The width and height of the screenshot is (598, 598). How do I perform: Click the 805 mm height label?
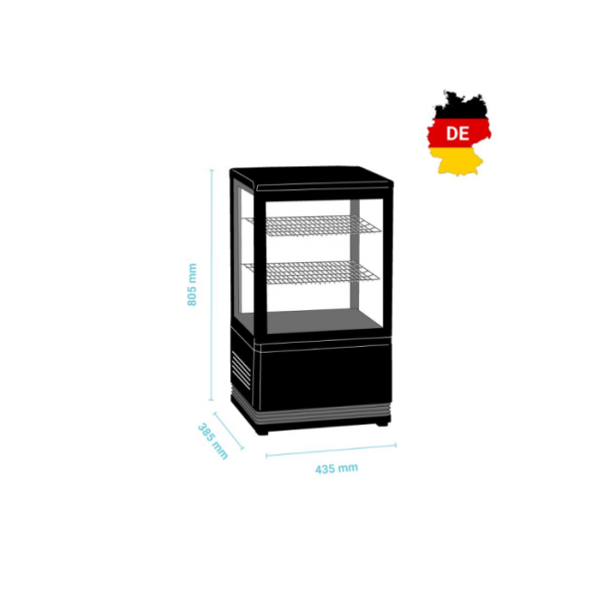coord(193,284)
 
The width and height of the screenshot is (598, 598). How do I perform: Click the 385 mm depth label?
coord(212,441)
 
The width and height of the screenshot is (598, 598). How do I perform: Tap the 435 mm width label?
coord(336,466)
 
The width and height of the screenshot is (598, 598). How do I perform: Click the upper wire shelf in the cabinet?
coord(313,224)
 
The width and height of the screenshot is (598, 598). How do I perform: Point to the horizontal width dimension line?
coord(329,448)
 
